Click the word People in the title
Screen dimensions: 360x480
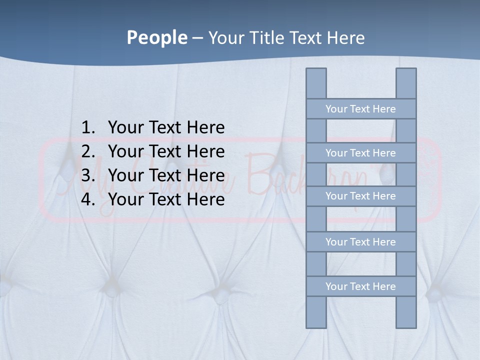pos(156,37)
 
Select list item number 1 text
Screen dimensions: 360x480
pos(166,127)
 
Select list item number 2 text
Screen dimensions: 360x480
pos(166,151)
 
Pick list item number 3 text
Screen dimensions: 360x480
pos(166,175)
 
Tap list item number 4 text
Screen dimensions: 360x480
pos(166,199)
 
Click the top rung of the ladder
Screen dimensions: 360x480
pos(360,109)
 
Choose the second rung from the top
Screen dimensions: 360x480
pos(360,153)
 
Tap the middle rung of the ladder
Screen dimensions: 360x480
pos(360,196)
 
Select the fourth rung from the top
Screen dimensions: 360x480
pos(360,242)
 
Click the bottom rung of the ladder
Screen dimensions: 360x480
pos(360,286)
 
